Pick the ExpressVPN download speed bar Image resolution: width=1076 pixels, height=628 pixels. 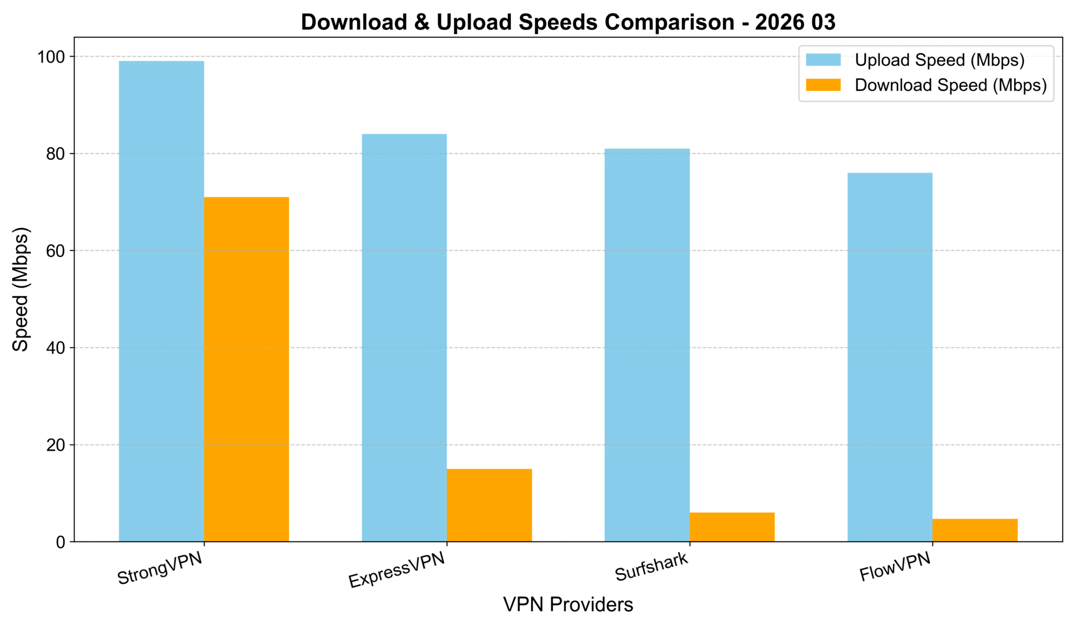pyautogui.click(x=489, y=505)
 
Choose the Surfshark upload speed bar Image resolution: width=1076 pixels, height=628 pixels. pyautogui.click(x=647, y=345)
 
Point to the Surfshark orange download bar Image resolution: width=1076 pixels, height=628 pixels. pyautogui.click(x=732, y=527)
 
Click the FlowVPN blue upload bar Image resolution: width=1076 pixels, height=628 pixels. pyautogui.click(x=890, y=357)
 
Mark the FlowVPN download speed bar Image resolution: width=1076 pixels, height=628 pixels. pyautogui.click(x=975, y=530)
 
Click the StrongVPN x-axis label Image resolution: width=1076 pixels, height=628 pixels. pyautogui.click(x=160, y=568)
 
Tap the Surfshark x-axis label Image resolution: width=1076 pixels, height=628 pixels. pyautogui.click(x=651, y=567)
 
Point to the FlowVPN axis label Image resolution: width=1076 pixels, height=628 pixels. pyautogui.click(x=895, y=567)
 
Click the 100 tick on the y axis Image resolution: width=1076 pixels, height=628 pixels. pyautogui.click(x=51, y=57)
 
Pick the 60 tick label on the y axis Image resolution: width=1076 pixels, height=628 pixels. pyautogui.click(x=55, y=251)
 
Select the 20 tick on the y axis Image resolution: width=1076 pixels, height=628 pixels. pyautogui.click(x=55, y=445)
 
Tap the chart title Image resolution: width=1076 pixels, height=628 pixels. pyautogui.click(x=568, y=22)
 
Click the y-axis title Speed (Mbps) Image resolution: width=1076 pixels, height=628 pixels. pyautogui.click(x=20, y=289)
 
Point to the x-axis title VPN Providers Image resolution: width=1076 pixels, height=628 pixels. pyautogui.click(x=568, y=605)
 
